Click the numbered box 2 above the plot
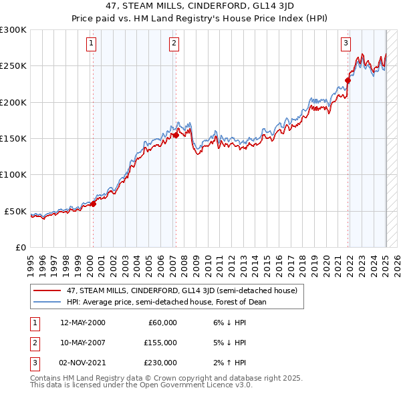pos(174,44)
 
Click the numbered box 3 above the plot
pos(346,44)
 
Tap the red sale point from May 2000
pos(94,204)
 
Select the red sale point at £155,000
pos(176,135)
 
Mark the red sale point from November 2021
pos(348,81)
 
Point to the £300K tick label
pos(13,30)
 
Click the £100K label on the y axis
pos(13,175)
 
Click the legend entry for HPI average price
pos(166,302)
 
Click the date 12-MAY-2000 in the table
pos(83,323)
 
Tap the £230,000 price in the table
pos(160,363)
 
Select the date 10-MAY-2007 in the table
pos(83,343)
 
